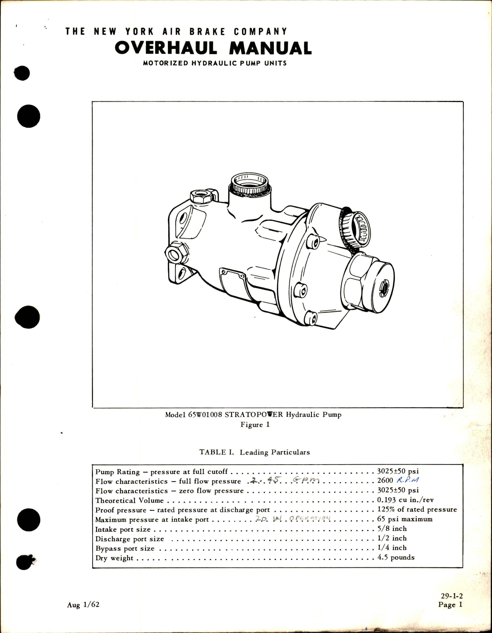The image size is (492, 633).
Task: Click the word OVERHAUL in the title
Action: [166, 48]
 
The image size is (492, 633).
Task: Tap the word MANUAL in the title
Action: [270, 48]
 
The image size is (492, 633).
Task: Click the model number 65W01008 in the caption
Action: [205, 415]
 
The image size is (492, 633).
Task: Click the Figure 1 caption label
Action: [255, 425]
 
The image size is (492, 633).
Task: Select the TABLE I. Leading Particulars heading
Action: [254, 452]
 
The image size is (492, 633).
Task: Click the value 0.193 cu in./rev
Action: [405, 500]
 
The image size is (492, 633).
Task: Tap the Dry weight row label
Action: [114, 558]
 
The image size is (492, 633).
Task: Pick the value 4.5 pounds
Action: [396, 557]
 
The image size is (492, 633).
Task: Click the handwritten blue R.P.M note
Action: [408, 480]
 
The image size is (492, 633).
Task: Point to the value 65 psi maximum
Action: [404, 519]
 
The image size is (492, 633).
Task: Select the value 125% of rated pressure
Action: [417, 509]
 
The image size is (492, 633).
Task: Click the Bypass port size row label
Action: [125, 549]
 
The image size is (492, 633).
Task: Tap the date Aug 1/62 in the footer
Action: [83, 605]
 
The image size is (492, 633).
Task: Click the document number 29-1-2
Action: [452, 596]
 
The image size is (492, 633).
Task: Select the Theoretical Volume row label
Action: [129, 501]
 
